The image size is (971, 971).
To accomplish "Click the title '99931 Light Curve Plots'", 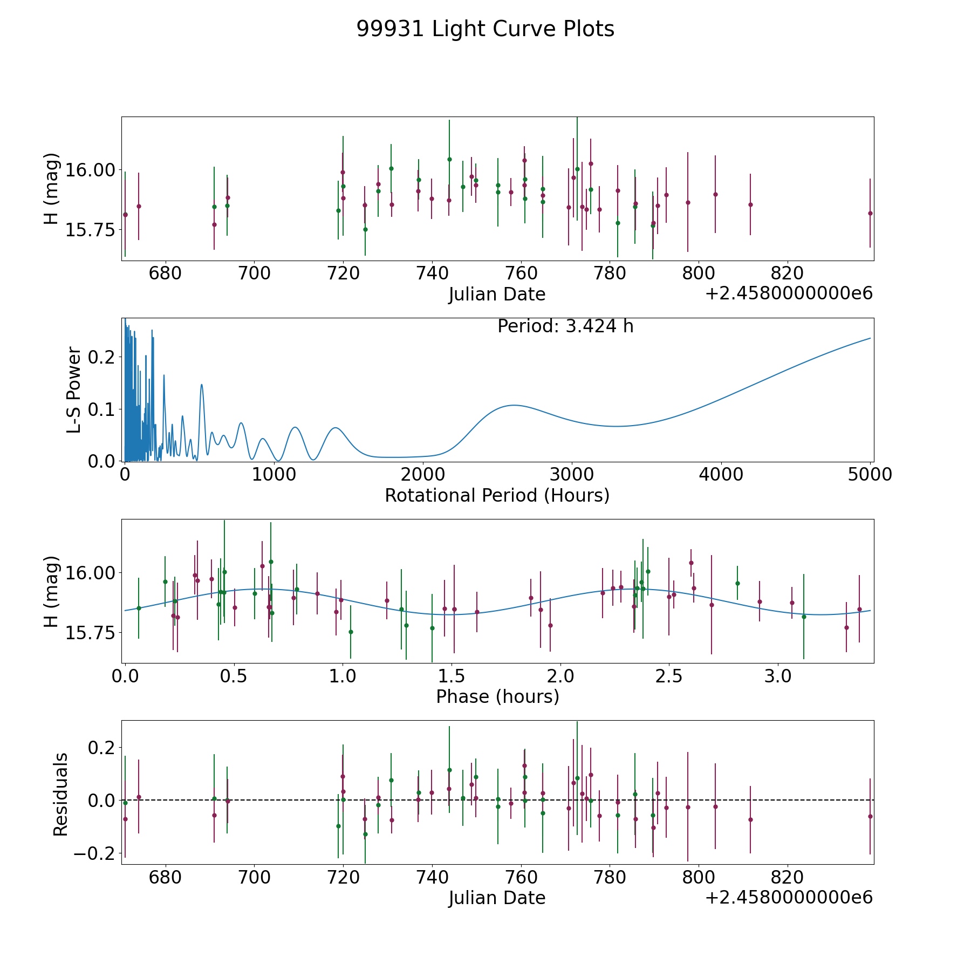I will point(485,29).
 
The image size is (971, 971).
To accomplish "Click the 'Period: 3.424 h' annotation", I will point(565,326).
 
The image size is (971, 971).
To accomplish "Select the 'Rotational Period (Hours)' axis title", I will point(497,495).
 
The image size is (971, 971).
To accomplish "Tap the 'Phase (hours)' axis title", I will point(497,697).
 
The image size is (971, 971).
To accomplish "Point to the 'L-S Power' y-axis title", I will point(74,390).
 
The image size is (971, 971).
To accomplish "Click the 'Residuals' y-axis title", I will point(61,794).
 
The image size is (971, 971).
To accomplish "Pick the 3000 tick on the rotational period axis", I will point(571,475).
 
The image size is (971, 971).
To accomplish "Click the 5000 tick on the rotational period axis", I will point(870,475).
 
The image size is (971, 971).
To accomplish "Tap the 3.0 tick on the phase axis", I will point(778,676).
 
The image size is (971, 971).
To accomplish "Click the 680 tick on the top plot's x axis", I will point(165,273).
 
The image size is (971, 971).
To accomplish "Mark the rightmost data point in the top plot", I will point(870,213).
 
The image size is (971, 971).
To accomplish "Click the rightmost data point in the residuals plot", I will point(870,816).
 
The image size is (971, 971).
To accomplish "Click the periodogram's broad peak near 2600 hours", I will point(514,405).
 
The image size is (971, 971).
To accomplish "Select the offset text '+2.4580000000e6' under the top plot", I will point(789,294).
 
